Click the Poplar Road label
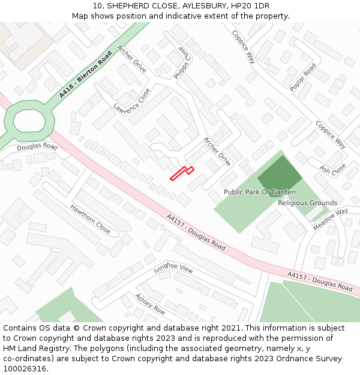coord(302,77)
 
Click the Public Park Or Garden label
coord(259,192)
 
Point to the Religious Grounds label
coord(307,203)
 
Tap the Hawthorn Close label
coord(91,220)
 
